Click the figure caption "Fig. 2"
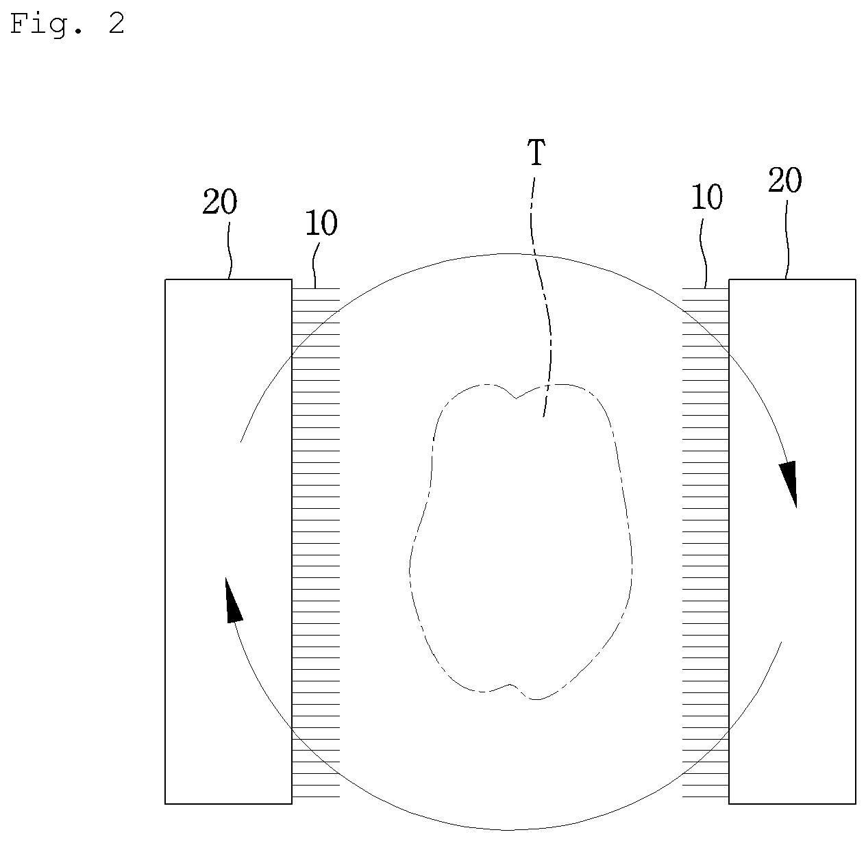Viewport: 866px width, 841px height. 66,23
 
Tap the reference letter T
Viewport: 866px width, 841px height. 536,153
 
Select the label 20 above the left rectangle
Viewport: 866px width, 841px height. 219,201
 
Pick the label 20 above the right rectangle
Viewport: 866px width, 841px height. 785,179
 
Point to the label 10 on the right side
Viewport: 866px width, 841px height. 706,197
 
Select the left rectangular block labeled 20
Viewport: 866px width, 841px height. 228,541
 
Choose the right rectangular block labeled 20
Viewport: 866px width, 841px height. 792,541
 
